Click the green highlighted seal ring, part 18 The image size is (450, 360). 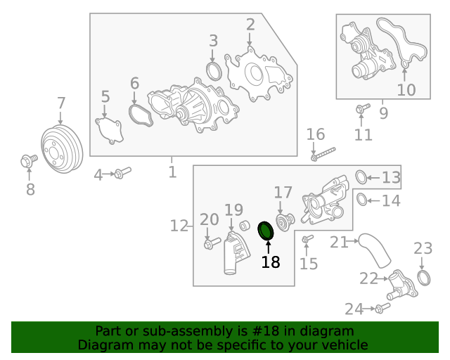(266, 230)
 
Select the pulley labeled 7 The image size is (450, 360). (62, 150)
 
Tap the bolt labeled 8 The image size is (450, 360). (29, 162)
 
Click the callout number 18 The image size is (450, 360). (271, 262)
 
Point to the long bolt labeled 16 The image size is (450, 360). (323, 153)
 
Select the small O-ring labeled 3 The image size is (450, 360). (214, 71)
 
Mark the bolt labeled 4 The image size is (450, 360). (122, 172)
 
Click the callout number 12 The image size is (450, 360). (179, 226)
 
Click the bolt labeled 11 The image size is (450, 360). (362, 108)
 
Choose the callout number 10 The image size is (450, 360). (406, 90)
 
